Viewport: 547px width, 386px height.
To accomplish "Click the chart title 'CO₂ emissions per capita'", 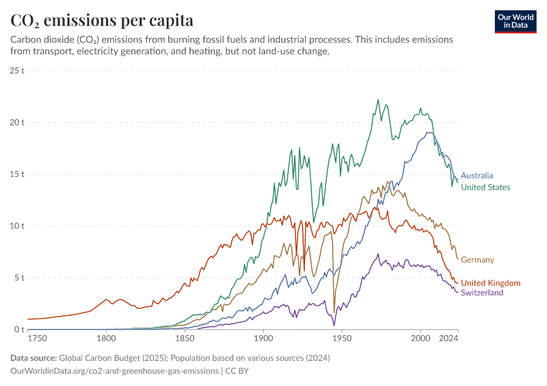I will click(102, 21).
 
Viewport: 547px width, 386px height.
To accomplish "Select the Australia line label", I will click(477, 175).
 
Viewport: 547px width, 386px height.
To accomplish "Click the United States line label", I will click(485, 187).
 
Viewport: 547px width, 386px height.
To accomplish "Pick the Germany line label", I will click(477, 260).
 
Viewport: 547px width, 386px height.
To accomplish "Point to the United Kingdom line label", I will click(490, 283).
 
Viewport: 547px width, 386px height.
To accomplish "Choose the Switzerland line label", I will click(482, 293).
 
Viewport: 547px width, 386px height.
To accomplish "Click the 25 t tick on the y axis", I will click(17, 70).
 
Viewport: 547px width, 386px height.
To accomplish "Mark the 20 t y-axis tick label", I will click(17, 122).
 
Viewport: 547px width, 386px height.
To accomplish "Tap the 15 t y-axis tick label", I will click(17, 174).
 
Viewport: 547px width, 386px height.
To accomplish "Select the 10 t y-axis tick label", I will click(17, 226).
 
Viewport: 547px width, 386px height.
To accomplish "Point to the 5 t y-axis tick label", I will click(19, 278).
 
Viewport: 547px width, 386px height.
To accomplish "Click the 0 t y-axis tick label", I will click(19, 330).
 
